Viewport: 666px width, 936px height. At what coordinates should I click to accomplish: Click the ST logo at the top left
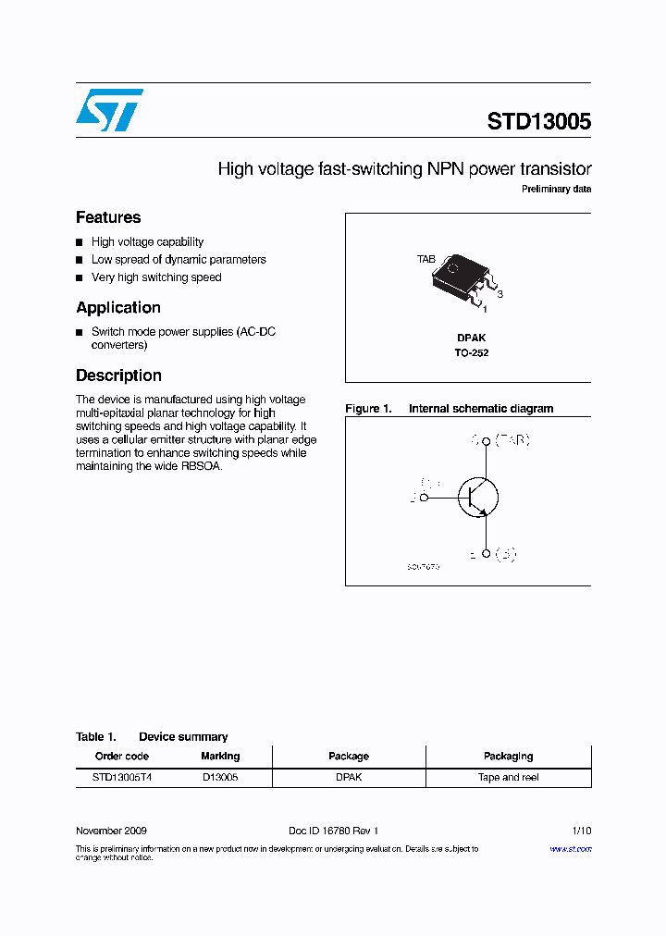pos(109,110)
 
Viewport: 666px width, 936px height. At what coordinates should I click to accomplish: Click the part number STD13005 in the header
pos(538,122)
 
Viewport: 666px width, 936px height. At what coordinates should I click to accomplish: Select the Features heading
pos(108,217)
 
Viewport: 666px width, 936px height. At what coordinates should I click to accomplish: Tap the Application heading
pos(118,308)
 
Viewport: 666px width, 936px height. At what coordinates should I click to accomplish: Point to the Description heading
pos(118,376)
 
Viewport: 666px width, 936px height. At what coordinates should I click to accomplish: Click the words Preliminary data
pos(556,190)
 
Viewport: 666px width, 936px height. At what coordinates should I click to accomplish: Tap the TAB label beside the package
pos(425,260)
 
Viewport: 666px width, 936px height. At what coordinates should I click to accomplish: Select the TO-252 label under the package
pos(471,353)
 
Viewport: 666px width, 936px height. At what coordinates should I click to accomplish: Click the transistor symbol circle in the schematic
pos(479,498)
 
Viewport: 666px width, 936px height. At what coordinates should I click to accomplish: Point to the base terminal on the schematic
pos(424,498)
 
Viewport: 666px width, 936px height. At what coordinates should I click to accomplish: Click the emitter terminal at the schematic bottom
pos(486,554)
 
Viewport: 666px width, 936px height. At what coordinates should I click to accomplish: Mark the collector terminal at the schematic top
pos(486,441)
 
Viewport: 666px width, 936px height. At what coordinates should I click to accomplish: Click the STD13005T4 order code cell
pos(122,778)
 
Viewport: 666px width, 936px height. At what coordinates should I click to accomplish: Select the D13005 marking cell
pos(220,778)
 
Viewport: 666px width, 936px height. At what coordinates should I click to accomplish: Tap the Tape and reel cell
pos(508,778)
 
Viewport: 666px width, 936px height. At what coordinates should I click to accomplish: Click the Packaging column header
pos(508,757)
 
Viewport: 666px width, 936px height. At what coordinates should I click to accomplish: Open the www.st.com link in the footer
pos(570,849)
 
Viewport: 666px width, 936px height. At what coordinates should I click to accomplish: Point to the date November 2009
pos(111,831)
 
